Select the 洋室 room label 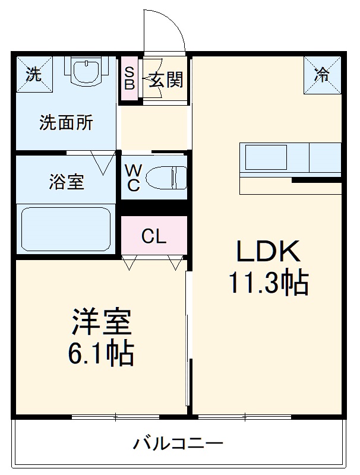tap(102, 324)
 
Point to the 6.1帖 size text tap(100, 354)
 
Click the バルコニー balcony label tap(178, 443)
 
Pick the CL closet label tap(154, 237)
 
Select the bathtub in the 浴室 tap(66, 229)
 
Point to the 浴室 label tap(67, 182)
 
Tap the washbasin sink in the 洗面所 tap(88, 72)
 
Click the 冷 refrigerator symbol tap(323, 75)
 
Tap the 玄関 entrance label tap(165, 80)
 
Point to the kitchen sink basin tap(267, 157)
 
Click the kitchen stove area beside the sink tap(324, 157)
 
